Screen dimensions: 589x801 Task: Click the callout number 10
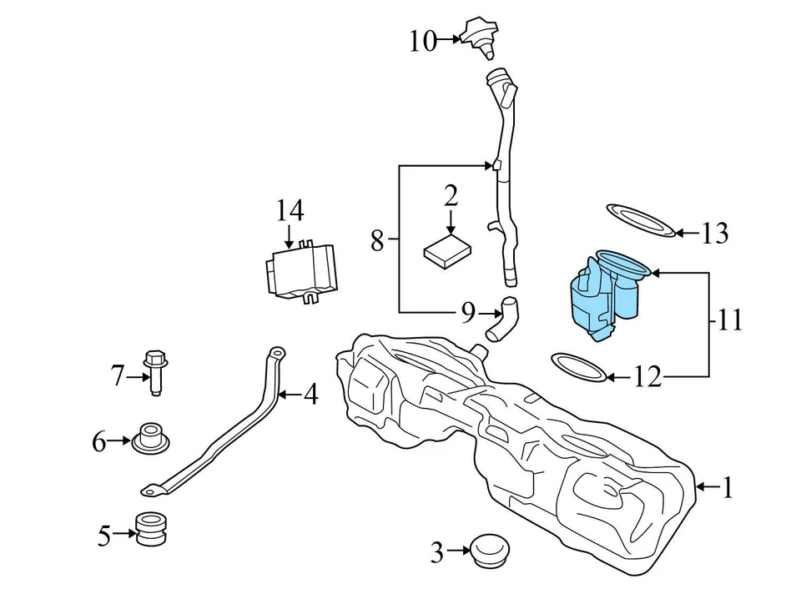(x=423, y=40)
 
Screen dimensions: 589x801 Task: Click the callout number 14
(x=290, y=211)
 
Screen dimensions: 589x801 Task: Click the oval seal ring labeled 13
(x=639, y=219)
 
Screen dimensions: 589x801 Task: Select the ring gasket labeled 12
(x=579, y=366)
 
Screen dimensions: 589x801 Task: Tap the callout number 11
(x=729, y=320)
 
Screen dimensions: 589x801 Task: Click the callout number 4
(x=310, y=394)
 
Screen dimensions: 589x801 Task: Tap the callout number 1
(x=727, y=487)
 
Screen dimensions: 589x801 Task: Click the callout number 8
(x=377, y=242)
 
